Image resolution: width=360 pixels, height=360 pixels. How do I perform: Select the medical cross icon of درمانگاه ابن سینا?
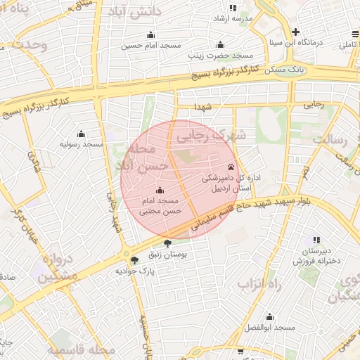click(x=296, y=32)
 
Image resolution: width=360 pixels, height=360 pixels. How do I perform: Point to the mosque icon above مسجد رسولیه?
click(x=81, y=134)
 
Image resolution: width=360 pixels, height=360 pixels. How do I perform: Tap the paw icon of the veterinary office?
click(x=231, y=167)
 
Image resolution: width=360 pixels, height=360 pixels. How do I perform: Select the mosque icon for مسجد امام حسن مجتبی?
click(x=160, y=190)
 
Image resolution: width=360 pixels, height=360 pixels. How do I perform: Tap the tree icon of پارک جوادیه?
click(x=135, y=259)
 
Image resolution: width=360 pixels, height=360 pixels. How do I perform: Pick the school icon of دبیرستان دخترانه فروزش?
click(x=316, y=240)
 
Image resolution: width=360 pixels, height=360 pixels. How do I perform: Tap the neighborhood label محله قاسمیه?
click(x=82, y=349)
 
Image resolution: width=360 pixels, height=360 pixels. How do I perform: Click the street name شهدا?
click(x=204, y=106)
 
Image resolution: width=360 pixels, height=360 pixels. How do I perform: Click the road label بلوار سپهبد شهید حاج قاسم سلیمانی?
click(x=260, y=211)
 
